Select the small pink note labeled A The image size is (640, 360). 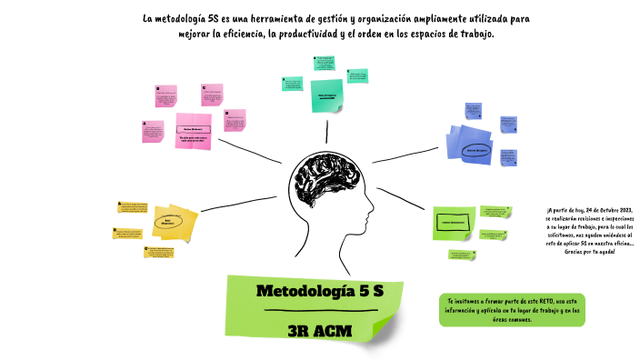click(x=152, y=132)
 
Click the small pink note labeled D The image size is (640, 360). click(x=235, y=121)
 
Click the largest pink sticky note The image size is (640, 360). click(x=193, y=131)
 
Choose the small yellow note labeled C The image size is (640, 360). click(x=160, y=253)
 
